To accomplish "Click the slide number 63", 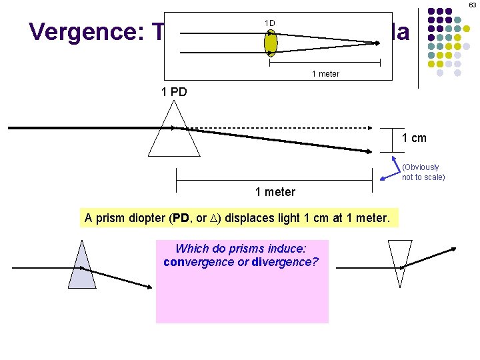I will (472, 5).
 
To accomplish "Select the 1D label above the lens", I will (269, 23).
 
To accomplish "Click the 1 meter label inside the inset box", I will (325, 73).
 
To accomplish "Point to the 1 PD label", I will (175, 92).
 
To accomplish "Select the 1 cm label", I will (413, 138).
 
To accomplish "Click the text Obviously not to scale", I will (423, 172).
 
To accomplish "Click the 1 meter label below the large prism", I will (275, 192).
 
